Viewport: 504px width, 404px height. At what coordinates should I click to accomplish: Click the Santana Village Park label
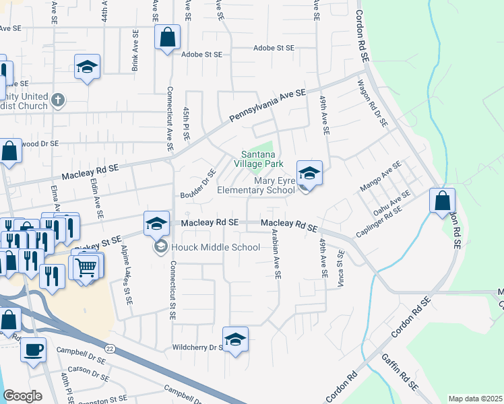(x=258, y=158)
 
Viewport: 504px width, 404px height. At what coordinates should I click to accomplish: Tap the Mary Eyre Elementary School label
(x=257, y=185)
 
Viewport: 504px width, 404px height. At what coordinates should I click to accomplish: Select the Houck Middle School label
(x=216, y=247)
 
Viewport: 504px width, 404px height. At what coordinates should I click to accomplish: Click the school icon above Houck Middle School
(x=156, y=223)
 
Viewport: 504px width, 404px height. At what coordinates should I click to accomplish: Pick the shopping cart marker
(x=86, y=267)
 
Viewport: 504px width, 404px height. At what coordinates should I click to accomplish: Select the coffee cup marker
(x=33, y=349)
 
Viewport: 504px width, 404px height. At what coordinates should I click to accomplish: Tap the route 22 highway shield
(x=109, y=347)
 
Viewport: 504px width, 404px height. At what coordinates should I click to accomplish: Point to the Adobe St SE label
(x=274, y=48)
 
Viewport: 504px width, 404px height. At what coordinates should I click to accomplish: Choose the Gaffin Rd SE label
(x=400, y=374)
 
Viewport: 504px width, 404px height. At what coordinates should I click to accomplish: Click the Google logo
(x=22, y=396)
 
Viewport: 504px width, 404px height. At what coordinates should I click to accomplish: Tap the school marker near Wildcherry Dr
(x=235, y=339)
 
